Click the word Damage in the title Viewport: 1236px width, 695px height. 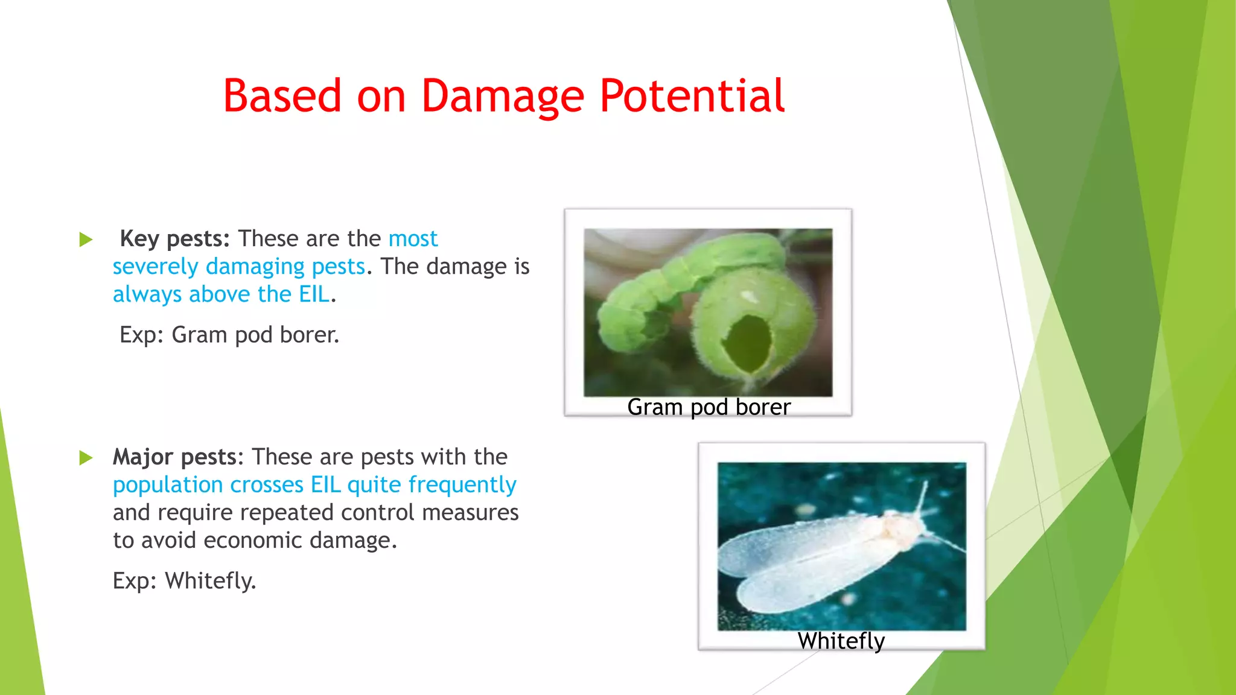tap(502, 97)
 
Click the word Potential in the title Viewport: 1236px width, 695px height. tap(692, 97)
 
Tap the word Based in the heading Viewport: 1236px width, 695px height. tap(282, 97)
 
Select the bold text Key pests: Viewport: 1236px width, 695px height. tap(174, 239)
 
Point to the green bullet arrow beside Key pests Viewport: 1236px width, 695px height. tap(86, 240)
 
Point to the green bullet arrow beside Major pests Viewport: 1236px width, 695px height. tap(86, 459)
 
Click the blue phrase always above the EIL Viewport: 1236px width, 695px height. tap(221, 294)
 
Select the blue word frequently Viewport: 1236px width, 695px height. tap(462, 485)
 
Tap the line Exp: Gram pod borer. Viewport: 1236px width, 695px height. tap(229, 335)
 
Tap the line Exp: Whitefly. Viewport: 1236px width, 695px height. tap(184, 581)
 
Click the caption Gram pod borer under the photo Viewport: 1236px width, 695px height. tap(709, 407)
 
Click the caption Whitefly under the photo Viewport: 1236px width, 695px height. tap(841, 641)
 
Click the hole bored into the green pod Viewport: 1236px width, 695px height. tap(747, 344)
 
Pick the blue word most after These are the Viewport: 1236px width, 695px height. tap(413, 239)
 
